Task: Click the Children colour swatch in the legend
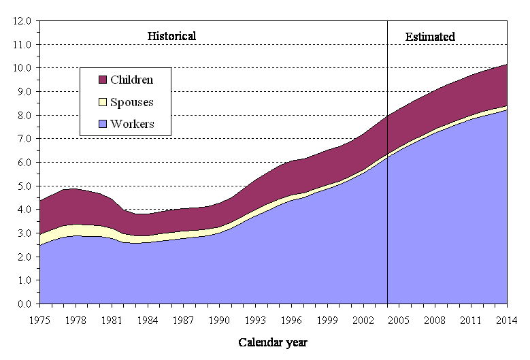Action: (x=103, y=80)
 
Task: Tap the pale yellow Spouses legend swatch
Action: (x=103, y=102)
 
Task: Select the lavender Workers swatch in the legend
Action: (x=103, y=125)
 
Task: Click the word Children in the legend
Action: (x=131, y=80)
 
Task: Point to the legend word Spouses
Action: (x=131, y=102)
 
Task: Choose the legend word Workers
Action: (x=132, y=125)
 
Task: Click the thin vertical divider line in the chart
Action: (x=387, y=225)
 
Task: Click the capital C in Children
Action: (x=114, y=80)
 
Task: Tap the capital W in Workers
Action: (x=115, y=125)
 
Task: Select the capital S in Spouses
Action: (x=114, y=102)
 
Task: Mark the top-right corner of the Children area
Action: (x=506, y=65)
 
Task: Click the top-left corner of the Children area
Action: (x=41, y=201)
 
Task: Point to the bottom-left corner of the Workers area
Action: (x=41, y=303)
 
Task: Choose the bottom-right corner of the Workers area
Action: (x=506, y=303)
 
